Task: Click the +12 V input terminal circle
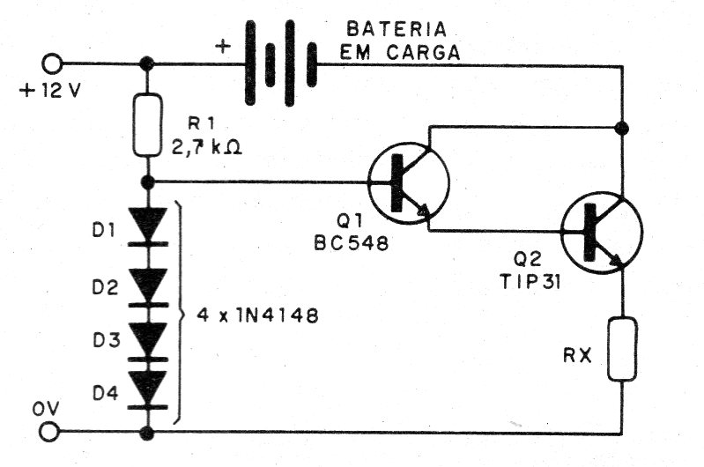coord(52,64)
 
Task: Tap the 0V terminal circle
coord(49,433)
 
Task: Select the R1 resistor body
coord(147,125)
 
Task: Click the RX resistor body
coord(622,349)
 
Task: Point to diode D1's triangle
coord(148,223)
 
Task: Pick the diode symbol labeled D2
coord(148,287)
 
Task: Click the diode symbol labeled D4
coord(148,389)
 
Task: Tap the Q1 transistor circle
coord(408,182)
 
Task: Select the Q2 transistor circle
coord(602,232)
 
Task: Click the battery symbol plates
coord(280,63)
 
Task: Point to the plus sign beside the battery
coord(223,46)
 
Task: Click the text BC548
coord(352,243)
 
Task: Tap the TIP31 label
coord(530,283)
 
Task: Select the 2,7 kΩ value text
coord(206,146)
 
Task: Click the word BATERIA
coord(396,30)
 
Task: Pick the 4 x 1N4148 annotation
coord(257,316)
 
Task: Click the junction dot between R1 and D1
coord(147,182)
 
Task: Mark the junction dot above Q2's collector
coord(622,129)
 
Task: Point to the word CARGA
coord(424,53)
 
